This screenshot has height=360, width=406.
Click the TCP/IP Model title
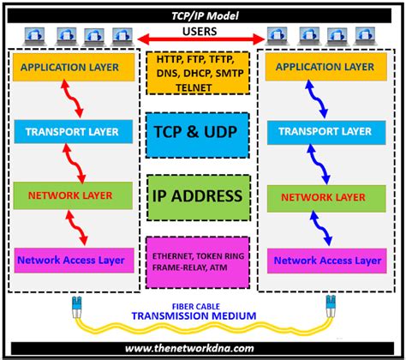point(202,15)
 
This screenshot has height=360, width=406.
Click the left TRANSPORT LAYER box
point(73,132)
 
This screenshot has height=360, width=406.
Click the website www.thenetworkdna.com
point(202,348)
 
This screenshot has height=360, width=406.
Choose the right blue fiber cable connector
point(328,304)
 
